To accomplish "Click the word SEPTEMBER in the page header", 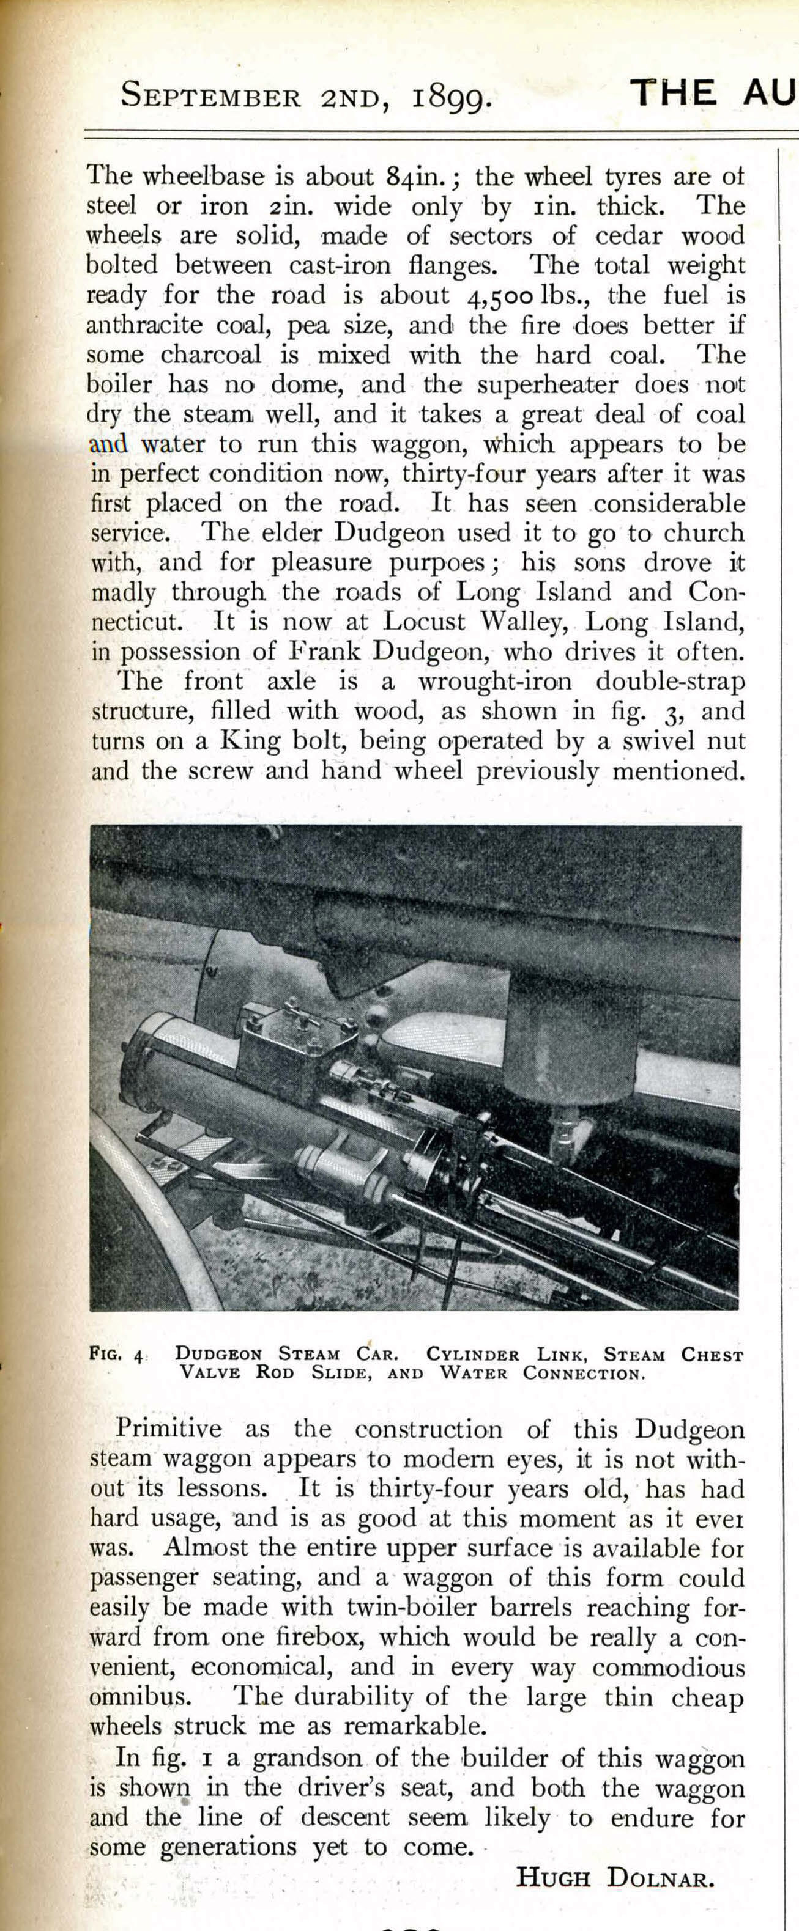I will tap(211, 97).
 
